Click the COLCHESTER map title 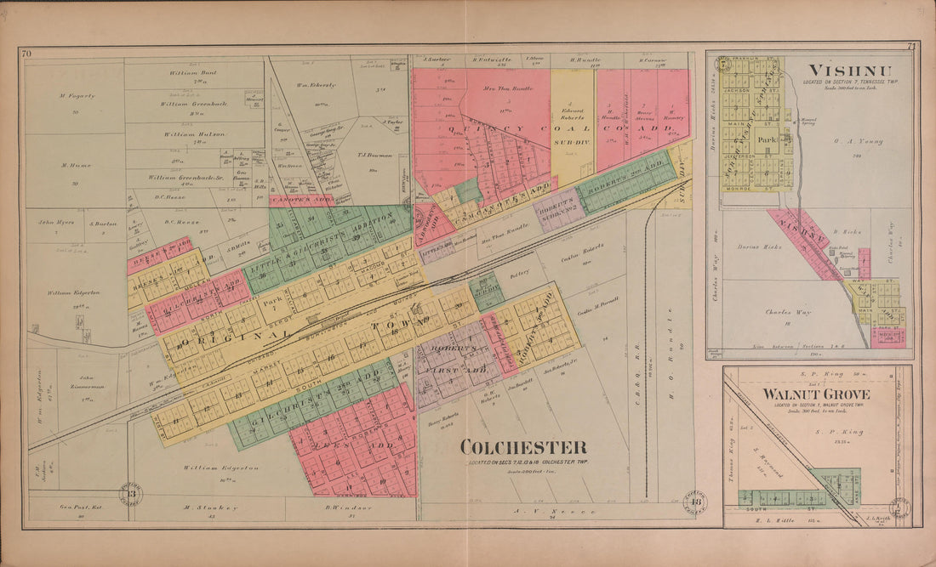click(x=523, y=447)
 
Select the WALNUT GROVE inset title click(x=815, y=394)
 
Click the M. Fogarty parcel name click(x=77, y=96)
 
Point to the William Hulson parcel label click(x=193, y=134)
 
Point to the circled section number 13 click(x=131, y=494)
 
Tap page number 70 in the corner click(x=26, y=54)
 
